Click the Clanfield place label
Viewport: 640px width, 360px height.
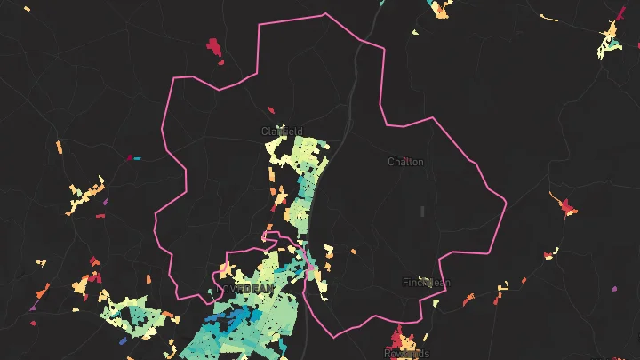click(282, 132)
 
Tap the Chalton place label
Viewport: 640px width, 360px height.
click(405, 162)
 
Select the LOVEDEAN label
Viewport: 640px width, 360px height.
click(246, 290)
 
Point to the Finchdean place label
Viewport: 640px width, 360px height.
click(427, 283)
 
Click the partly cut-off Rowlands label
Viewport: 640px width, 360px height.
click(406, 354)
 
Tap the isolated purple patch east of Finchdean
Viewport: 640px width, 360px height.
click(614, 289)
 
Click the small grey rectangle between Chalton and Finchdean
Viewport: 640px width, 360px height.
click(423, 211)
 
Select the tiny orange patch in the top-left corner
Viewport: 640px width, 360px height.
click(27, 10)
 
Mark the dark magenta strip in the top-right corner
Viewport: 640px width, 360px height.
click(620, 13)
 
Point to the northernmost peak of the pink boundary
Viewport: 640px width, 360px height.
click(325, 13)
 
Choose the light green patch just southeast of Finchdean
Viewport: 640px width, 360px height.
click(436, 303)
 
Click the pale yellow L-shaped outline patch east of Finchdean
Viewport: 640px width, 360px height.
click(502, 286)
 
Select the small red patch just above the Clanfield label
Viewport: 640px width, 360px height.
click(272, 110)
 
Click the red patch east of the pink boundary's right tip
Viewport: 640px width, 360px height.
click(566, 209)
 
